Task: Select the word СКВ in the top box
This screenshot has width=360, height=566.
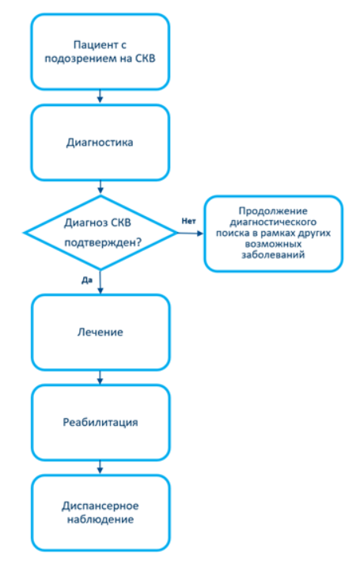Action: click(x=145, y=58)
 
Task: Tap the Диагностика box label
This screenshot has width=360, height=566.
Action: click(x=100, y=142)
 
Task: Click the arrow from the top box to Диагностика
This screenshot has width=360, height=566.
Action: click(x=100, y=96)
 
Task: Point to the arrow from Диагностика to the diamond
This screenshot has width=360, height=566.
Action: click(x=100, y=187)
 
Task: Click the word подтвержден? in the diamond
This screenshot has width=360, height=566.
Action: click(x=103, y=242)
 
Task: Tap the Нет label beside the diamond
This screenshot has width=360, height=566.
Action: click(x=188, y=221)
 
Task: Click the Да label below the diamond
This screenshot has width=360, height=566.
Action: click(x=87, y=280)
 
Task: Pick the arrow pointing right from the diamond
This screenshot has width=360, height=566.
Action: click(x=190, y=234)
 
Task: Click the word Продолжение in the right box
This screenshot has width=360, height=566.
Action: click(x=273, y=211)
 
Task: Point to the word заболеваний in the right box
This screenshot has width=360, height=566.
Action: click(x=273, y=255)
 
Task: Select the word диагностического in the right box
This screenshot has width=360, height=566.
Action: click(x=273, y=222)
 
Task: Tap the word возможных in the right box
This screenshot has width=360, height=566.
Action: click(x=273, y=244)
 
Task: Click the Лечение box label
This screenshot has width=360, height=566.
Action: click(x=100, y=332)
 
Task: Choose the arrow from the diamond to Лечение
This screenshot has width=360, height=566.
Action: click(x=100, y=282)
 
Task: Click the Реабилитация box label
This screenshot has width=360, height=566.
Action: click(x=100, y=423)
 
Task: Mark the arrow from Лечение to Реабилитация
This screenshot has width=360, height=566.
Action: click(x=100, y=377)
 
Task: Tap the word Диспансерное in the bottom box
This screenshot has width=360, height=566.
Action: click(x=100, y=506)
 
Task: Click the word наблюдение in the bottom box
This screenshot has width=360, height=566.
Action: click(x=100, y=519)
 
